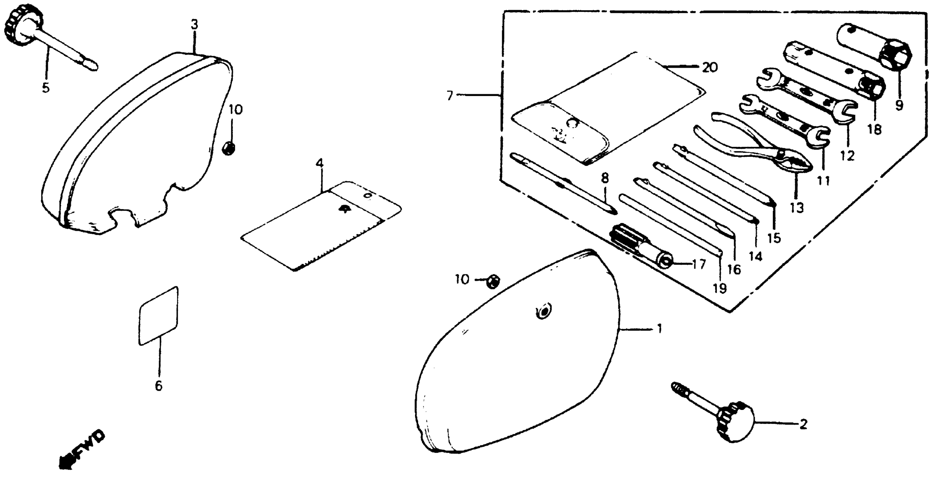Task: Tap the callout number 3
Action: coord(194,25)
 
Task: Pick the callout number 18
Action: coord(875,129)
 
